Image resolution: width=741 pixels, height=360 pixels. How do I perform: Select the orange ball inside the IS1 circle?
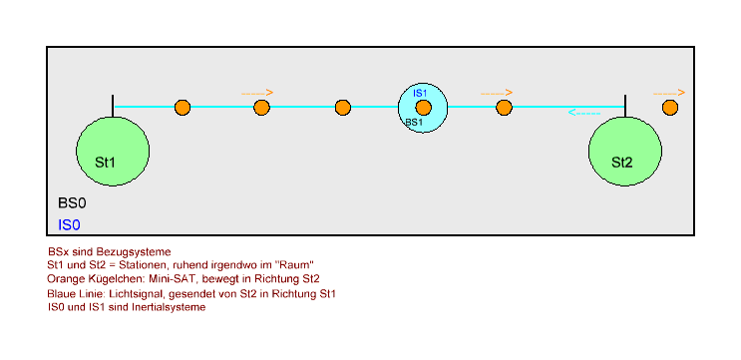[423, 107]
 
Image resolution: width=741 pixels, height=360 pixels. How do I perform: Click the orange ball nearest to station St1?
[182, 107]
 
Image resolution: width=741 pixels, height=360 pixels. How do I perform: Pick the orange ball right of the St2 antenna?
[670, 107]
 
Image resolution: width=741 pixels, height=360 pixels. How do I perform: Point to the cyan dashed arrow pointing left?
[584, 113]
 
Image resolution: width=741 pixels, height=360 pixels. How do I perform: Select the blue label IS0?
[69, 225]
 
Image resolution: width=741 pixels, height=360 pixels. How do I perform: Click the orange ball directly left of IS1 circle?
[343, 107]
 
